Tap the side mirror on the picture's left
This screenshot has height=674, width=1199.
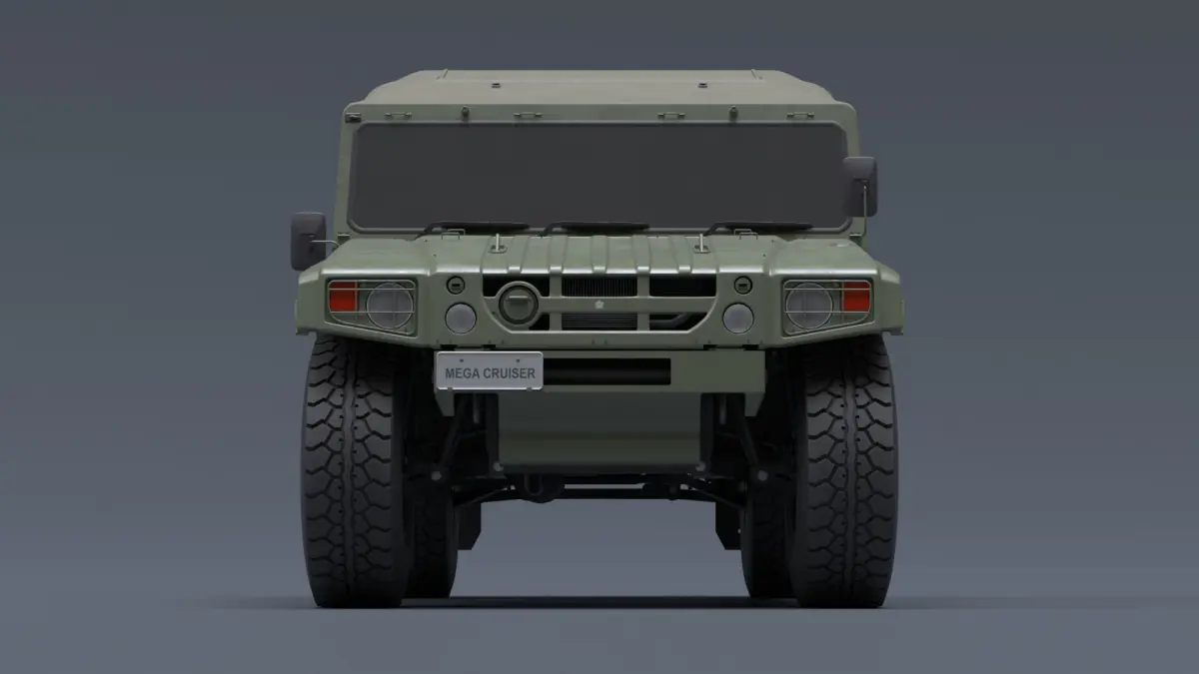pos(308,241)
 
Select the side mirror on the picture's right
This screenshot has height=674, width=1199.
pos(860,186)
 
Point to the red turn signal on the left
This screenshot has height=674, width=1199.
pos(343,297)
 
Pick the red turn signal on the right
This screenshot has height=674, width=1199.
pos(856,297)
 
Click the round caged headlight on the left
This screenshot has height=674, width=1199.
pos(390,306)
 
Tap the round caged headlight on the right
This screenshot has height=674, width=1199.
pos(809,306)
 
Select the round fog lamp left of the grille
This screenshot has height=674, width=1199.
pos(461,319)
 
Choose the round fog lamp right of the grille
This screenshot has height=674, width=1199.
pos(738,319)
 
